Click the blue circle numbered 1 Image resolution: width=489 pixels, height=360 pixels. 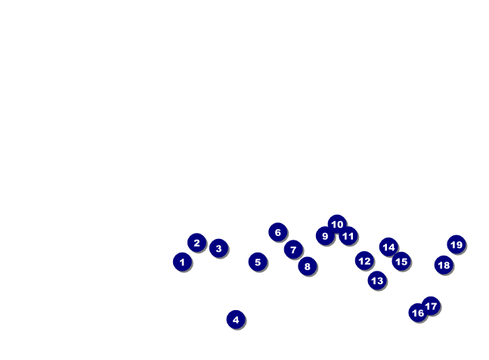pyautogui.click(x=182, y=262)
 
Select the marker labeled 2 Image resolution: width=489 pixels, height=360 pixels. pyautogui.click(x=197, y=242)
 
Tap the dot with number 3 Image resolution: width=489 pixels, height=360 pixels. pyautogui.click(x=218, y=248)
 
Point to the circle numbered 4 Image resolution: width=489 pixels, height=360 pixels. pyautogui.click(x=236, y=319)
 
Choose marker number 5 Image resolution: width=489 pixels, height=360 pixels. pyautogui.click(x=258, y=262)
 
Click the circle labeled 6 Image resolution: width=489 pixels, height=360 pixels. pyautogui.click(x=278, y=232)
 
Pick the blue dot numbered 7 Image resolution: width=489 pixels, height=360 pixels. pyautogui.click(x=293, y=250)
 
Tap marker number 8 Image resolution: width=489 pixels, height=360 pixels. pyautogui.click(x=308, y=266)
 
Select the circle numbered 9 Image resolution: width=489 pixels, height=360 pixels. pyautogui.click(x=325, y=236)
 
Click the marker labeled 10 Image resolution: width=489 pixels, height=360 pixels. pyautogui.click(x=337, y=224)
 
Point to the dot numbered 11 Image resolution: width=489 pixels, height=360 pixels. pyautogui.click(x=348, y=236)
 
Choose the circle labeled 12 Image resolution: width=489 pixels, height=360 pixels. pyautogui.click(x=364, y=260)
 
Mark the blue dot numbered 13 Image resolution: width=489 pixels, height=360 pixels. pyautogui.click(x=377, y=281)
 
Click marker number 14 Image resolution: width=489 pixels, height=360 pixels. pyautogui.click(x=389, y=247)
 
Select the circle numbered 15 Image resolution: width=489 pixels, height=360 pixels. pyautogui.click(x=401, y=262)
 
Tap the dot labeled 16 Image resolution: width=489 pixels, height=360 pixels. pyautogui.click(x=418, y=312)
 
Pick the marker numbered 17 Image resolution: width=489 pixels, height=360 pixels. pyautogui.click(x=431, y=306)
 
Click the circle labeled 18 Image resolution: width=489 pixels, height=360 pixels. pyautogui.click(x=444, y=265)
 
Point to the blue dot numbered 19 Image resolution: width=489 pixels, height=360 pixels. pyautogui.click(x=457, y=244)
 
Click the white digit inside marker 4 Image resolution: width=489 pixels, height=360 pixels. pyautogui.click(x=236, y=320)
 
